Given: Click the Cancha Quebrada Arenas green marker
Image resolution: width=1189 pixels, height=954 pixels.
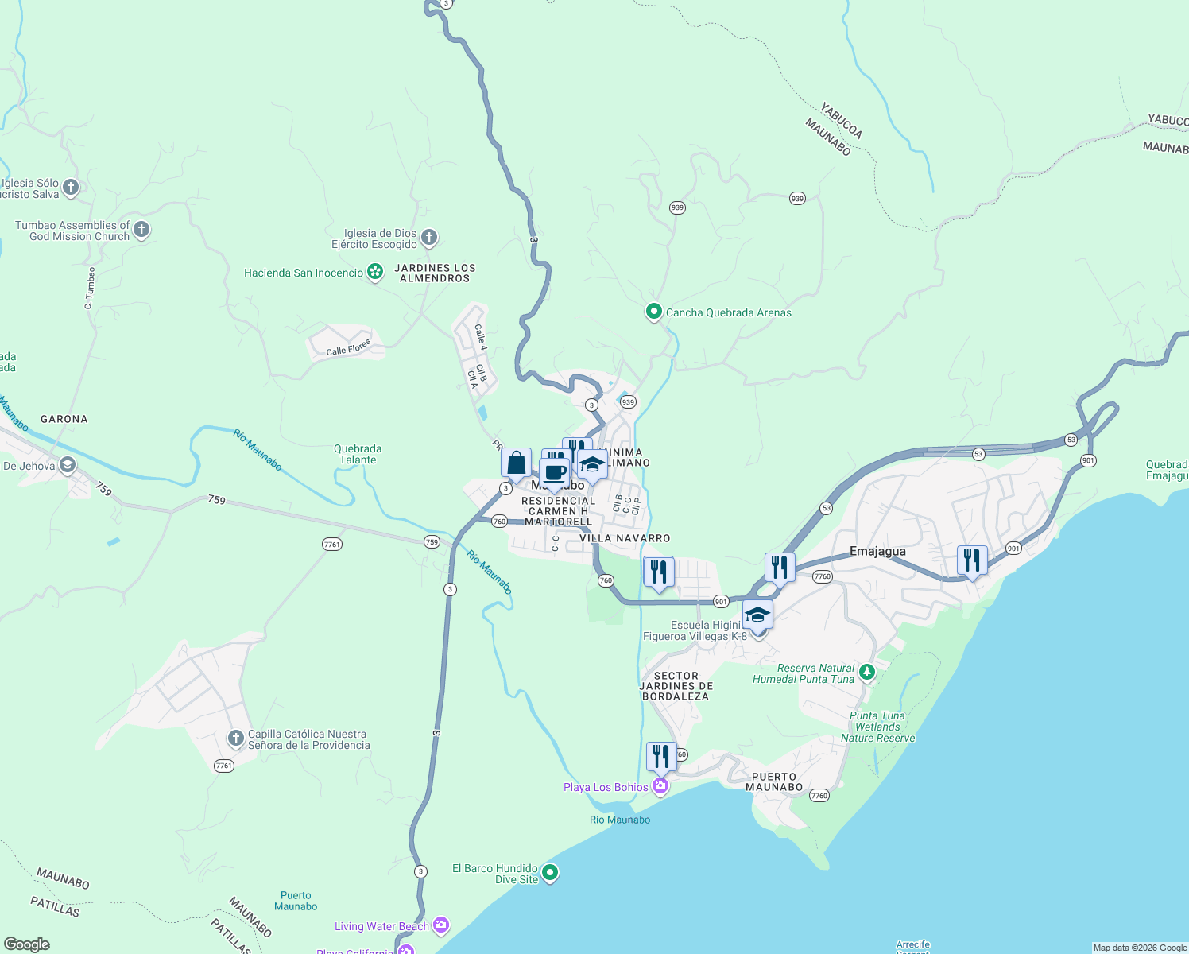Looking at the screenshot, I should [653, 312].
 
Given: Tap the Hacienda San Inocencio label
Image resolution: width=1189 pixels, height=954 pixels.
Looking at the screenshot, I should [304, 273].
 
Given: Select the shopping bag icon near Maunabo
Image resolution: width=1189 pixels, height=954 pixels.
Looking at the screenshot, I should [516, 463].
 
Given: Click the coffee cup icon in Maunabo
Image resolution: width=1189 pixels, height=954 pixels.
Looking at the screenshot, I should [555, 473].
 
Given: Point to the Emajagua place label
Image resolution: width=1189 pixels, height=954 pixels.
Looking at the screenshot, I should [877, 551].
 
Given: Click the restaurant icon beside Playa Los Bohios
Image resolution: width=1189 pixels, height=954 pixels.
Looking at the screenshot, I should [661, 756].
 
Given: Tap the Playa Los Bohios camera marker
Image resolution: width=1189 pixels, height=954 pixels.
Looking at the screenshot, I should [660, 786].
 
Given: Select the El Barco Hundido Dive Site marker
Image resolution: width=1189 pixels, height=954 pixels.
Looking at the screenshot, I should [549, 873].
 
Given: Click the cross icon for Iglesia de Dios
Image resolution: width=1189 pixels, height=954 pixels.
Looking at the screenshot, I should [429, 237].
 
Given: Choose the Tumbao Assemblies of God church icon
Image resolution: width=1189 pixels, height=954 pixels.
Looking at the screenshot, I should [141, 230].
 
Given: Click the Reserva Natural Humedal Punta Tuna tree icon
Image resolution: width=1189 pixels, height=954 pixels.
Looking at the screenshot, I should [867, 673].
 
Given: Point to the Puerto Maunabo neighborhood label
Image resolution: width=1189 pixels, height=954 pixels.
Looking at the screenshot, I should [774, 781].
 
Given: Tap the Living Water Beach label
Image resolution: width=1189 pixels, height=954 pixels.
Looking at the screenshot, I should [381, 926].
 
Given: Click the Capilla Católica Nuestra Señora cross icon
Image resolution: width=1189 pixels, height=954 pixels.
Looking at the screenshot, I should [235, 739].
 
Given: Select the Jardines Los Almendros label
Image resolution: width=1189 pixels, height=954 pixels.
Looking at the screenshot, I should [435, 273].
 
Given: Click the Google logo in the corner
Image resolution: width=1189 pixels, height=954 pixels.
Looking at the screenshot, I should [27, 944].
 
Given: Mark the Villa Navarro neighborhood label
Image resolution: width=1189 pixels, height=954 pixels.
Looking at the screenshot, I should [625, 538].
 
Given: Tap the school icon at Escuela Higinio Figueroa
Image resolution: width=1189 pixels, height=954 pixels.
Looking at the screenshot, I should [757, 615].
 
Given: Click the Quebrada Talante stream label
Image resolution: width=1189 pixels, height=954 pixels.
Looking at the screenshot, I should [358, 454].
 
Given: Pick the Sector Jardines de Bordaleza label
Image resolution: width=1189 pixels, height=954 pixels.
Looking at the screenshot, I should [676, 685].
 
